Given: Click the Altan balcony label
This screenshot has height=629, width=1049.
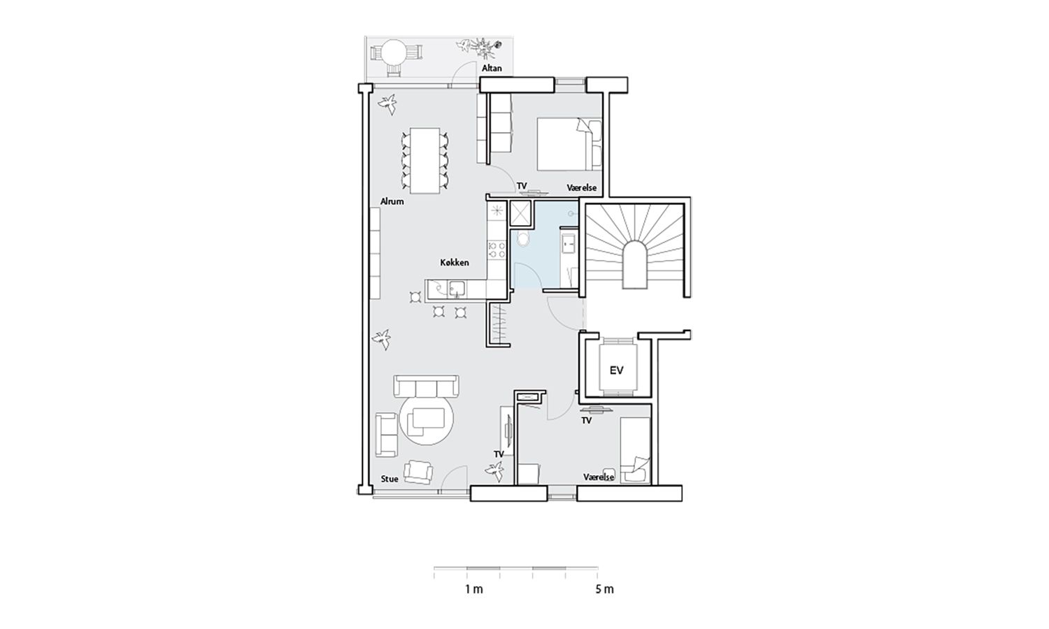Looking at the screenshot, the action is (x=492, y=68).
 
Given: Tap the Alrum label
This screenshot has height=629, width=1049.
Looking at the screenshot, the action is (x=392, y=202).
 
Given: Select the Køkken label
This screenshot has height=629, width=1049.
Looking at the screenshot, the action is (x=455, y=263).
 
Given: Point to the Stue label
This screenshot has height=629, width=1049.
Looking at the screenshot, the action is (x=390, y=479).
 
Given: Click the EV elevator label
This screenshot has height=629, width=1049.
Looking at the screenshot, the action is (x=617, y=370).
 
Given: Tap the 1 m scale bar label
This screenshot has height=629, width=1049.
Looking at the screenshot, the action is (x=474, y=589).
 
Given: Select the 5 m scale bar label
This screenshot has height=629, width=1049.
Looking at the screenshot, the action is (x=605, y=589).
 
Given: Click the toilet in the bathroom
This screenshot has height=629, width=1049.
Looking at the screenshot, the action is (x=524, y=239).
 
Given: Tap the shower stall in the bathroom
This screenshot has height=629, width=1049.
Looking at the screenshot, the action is (x=520, y=213).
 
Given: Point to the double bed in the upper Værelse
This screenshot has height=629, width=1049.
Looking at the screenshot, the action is (x=569, y=144).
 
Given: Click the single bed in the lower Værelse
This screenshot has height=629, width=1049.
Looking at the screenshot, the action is (x=635, y=451).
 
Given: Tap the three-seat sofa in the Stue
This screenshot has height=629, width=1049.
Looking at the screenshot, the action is (x=426, y=386).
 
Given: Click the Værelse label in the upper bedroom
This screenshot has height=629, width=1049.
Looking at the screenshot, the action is (x=582, y=188).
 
